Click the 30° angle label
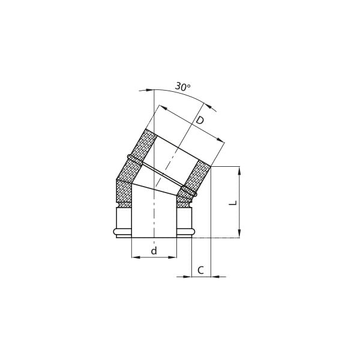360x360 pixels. [183, 86]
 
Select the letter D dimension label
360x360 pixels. [200, 120]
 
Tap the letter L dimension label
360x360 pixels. [233, 203]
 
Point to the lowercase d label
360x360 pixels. [154, 250]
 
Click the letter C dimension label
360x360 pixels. [200, 270]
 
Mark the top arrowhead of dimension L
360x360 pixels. [239, 171]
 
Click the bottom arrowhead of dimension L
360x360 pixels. [239, 233]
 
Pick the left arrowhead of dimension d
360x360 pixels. [136, 257]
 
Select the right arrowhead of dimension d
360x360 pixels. [172, 257]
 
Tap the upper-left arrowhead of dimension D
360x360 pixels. [163, 107]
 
